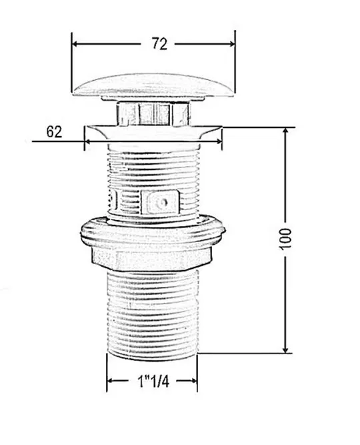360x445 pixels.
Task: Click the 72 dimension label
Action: (159, 44)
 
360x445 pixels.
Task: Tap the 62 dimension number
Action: (54, 132)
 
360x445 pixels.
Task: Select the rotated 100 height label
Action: (285, 239)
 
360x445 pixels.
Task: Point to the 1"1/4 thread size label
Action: (153, 381)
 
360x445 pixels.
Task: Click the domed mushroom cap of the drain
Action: (154, 85)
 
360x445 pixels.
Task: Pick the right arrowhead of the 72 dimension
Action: (231, 44)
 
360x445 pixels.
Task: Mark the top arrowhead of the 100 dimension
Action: (286, 131)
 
